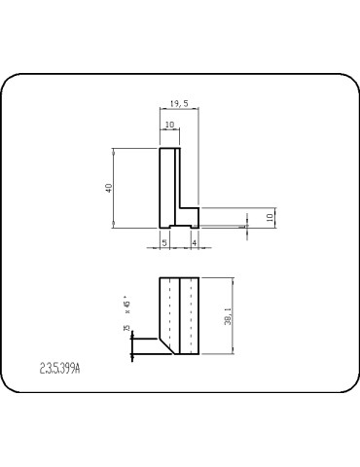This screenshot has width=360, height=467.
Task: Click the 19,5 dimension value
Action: [x=178, y=102]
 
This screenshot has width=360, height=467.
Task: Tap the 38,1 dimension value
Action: [x=228, y=316]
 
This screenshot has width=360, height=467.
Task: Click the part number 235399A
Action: [x=61, y=369]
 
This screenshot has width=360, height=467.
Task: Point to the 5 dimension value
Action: [x=164, y=240]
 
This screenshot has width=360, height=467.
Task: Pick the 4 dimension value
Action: [x=195, y=240]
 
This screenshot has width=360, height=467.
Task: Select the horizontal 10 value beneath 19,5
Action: [x=169, y=125]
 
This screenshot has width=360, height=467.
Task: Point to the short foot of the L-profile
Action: [x=189, y=216]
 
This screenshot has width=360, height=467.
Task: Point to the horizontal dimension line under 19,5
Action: [x=179, y=109]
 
